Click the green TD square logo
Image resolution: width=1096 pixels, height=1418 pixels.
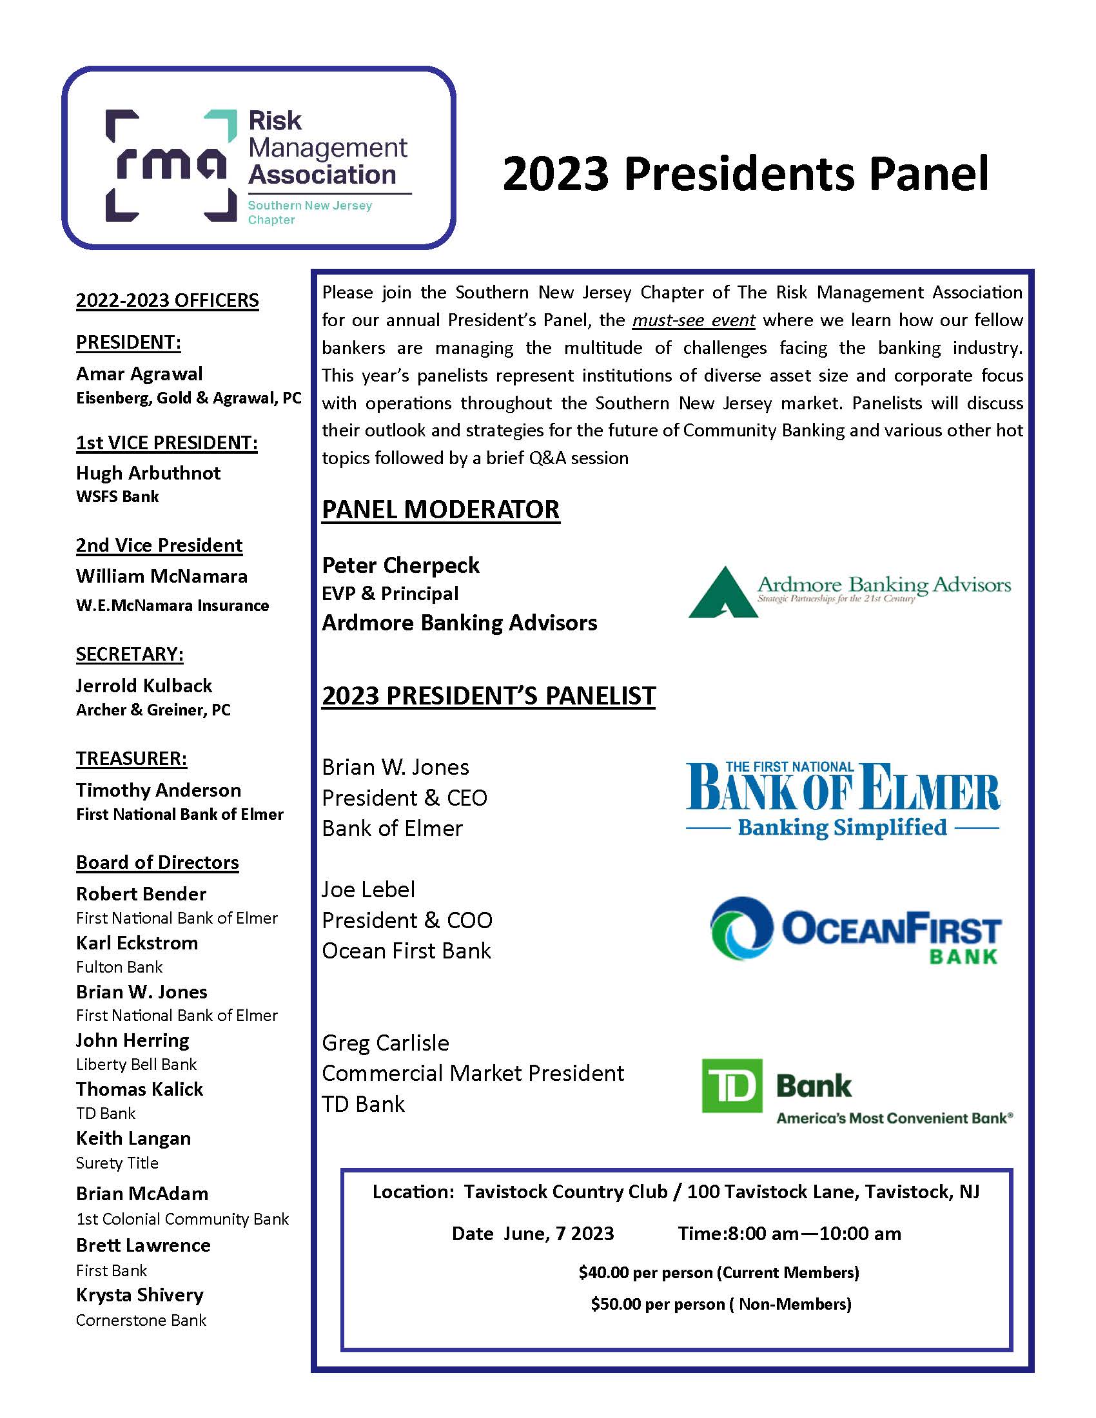732,1085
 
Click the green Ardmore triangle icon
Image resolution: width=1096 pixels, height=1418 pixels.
722,592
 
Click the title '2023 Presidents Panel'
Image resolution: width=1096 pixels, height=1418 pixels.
745,173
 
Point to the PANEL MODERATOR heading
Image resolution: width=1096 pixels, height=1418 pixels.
440,510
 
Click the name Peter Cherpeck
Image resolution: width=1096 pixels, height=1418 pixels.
400,565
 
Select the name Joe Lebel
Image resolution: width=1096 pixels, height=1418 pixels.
368,889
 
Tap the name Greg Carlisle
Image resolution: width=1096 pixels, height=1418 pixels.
385,1043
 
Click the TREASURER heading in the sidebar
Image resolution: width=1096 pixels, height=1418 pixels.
131,759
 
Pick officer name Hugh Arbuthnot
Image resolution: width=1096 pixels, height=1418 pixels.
148,472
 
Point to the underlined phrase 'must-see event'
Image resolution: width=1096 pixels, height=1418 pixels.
694,320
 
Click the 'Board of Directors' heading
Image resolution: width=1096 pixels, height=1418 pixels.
157,862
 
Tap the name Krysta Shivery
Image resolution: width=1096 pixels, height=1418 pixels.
140,1295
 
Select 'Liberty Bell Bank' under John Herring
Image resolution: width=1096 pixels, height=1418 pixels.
136,1064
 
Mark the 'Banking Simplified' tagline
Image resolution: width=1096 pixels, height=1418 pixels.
842,828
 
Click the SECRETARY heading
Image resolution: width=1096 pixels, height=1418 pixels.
129,654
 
